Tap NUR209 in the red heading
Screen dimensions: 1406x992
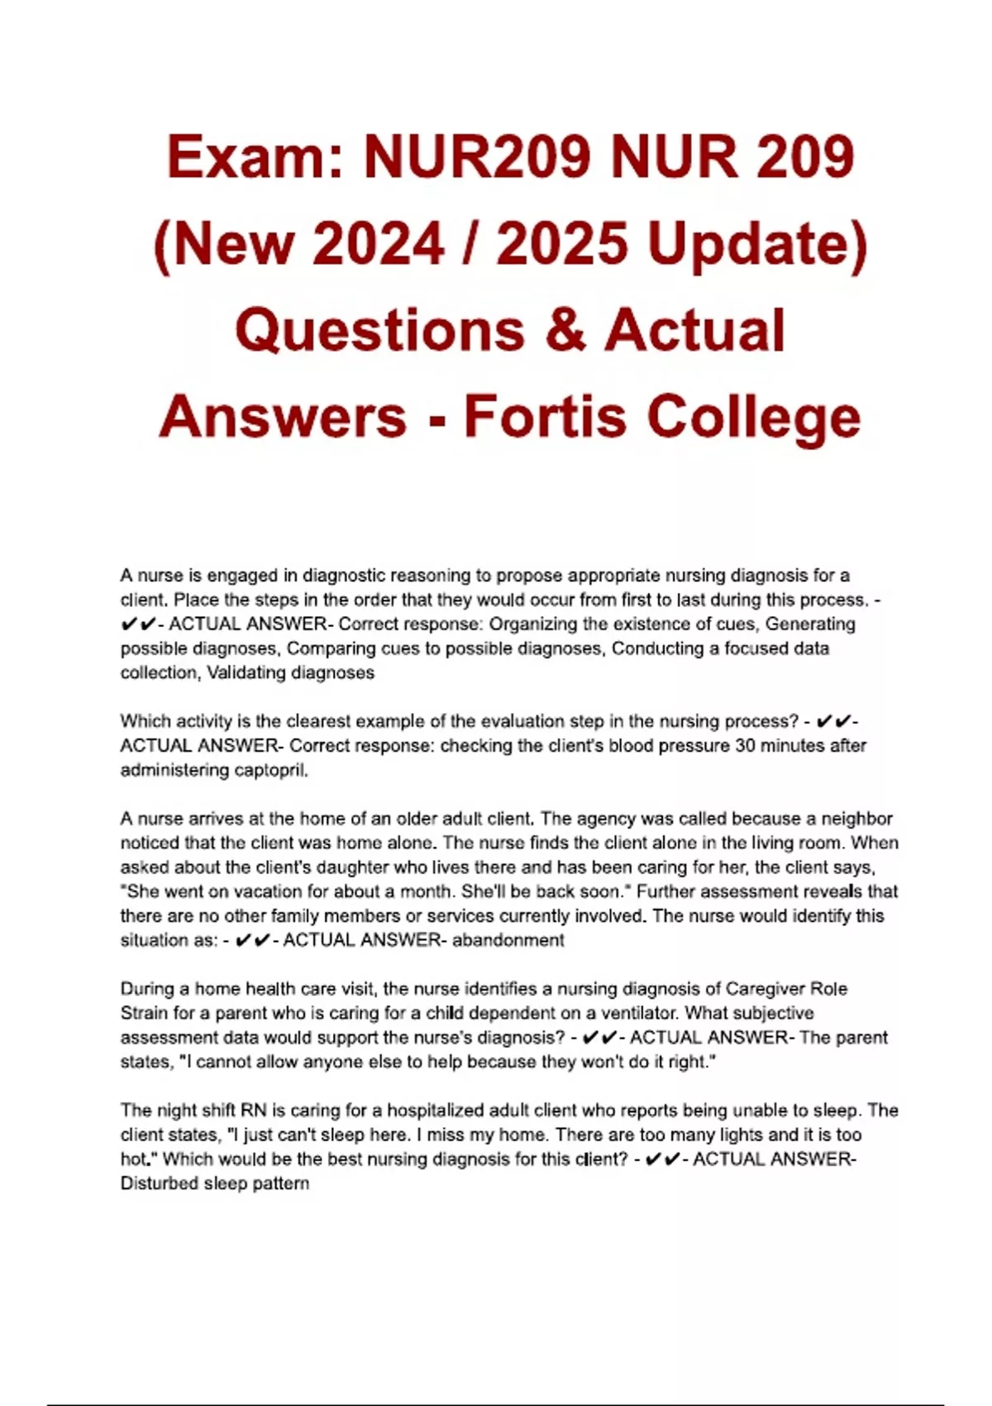[477, 156]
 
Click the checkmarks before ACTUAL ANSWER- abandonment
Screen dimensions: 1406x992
[252, 940]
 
